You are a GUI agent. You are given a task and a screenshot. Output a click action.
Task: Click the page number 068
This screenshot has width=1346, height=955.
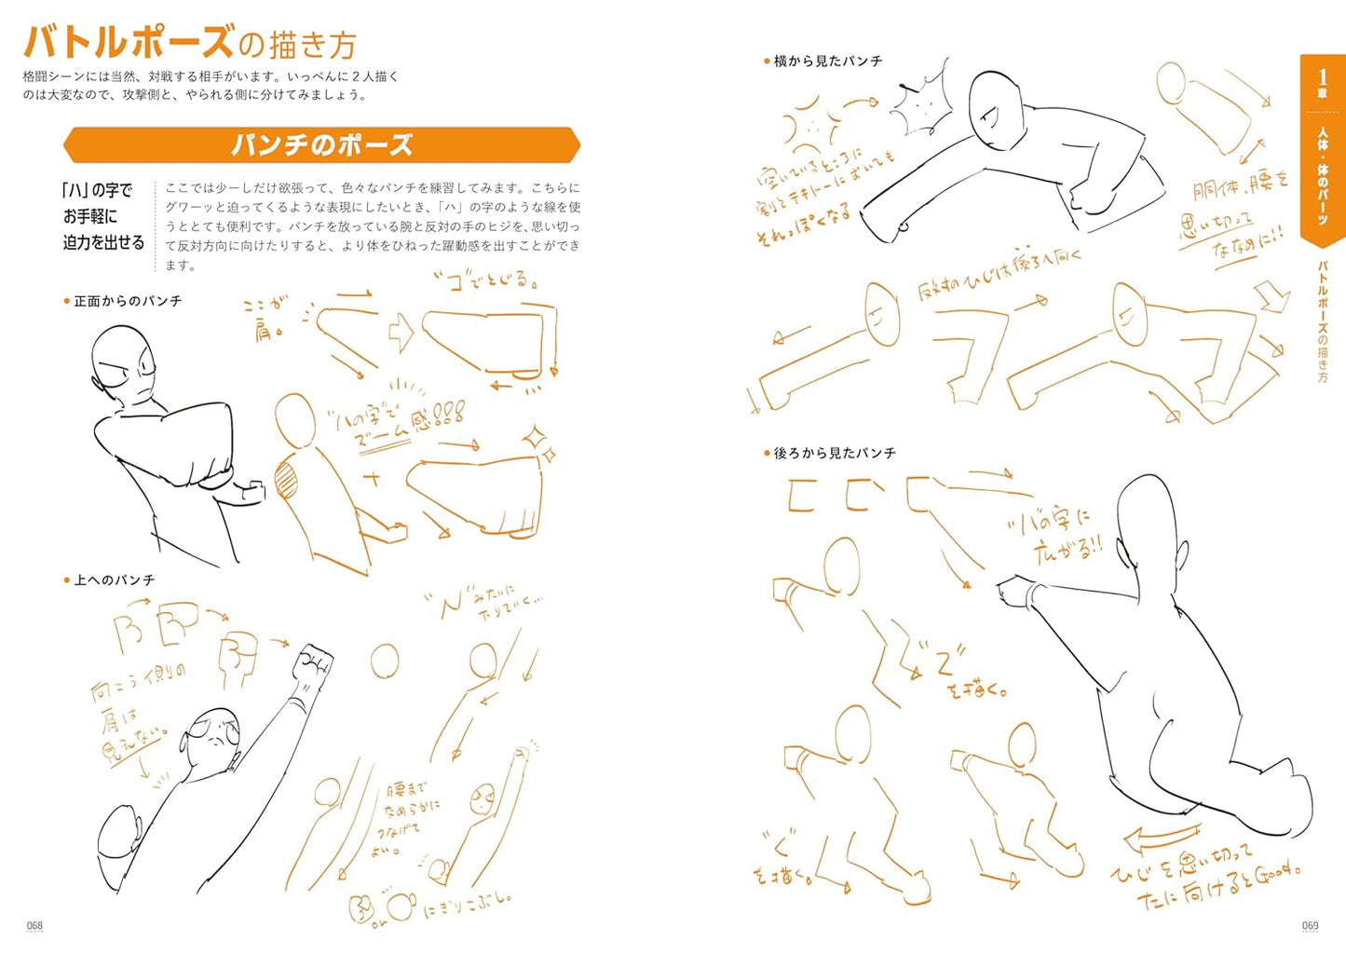point(34,925)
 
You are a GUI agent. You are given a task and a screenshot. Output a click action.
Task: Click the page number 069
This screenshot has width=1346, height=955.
point(1310,925)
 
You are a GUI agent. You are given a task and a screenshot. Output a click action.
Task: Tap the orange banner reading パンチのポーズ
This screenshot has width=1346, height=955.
point(321,145)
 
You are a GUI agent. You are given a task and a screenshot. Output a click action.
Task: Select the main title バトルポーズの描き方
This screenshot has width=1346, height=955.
point(190,43)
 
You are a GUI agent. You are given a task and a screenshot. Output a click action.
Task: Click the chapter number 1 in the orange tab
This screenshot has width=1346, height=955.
point(1322,77)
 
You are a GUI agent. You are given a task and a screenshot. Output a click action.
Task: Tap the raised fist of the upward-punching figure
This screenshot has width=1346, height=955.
point(313,663)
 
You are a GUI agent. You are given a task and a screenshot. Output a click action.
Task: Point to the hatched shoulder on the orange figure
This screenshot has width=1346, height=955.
point(286,482)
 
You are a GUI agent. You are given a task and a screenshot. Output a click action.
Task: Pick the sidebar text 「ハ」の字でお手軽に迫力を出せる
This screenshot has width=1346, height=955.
point(103,216)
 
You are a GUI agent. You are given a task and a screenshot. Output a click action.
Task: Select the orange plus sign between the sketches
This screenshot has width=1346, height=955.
point(373,480)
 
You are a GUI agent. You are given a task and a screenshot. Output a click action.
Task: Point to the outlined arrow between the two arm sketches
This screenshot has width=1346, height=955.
point(400,333)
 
